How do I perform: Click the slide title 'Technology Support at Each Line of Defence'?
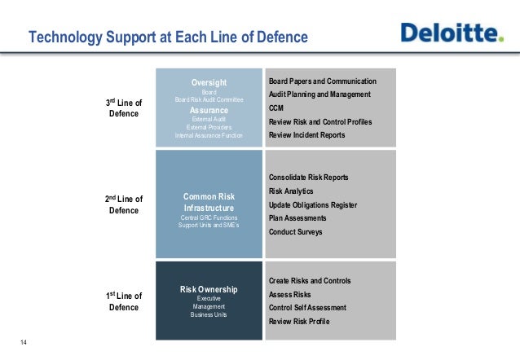(169, 37)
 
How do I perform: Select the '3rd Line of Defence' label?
(125, 108)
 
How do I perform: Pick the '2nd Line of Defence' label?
(125, 204)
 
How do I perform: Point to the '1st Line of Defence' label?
(125, 301)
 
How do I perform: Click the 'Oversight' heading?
(209, 82)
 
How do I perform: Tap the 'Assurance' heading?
(209, 110)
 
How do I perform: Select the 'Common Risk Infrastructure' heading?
(209, 202)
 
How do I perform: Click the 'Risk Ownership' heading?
(209, 289)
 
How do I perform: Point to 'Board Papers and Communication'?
(322, 81)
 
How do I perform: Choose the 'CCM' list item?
(277, 108)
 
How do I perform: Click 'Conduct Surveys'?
(295, 232)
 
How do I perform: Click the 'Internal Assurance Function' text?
(209, 135)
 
